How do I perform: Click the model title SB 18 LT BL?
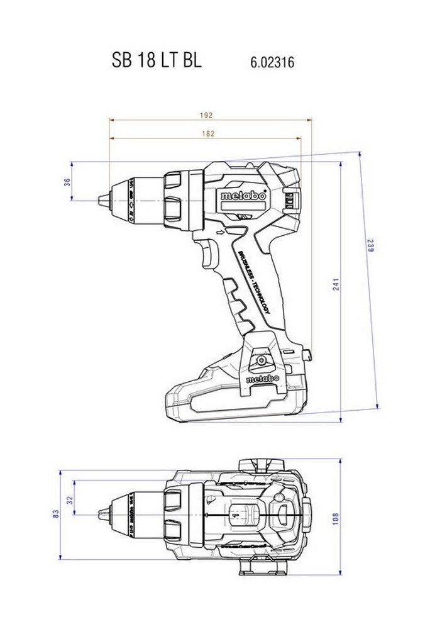157,60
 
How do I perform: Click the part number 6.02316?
272,62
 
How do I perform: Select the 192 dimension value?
207,115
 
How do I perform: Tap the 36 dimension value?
67,182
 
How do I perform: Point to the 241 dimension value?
336,284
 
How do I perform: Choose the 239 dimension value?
370,245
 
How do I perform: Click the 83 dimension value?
56,514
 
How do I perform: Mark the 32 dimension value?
70,501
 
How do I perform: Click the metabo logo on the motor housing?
243,196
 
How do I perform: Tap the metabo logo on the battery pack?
262,379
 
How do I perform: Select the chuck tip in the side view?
101,201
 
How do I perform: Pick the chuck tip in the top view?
101,514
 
